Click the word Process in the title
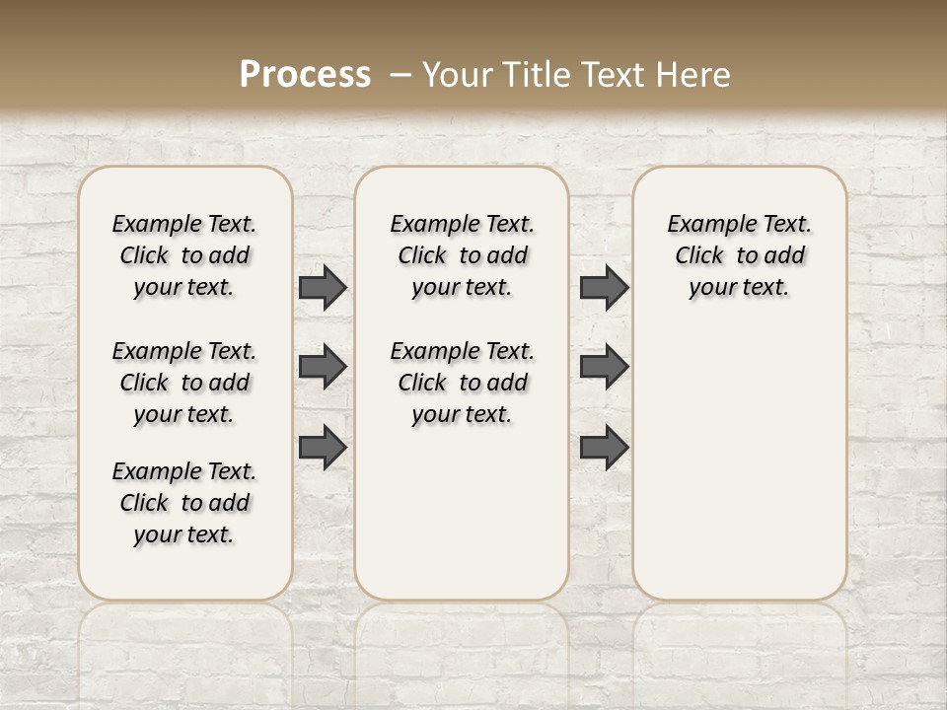click(305, 74)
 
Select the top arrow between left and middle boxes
click(323, 287)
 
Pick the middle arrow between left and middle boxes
click(323, 367)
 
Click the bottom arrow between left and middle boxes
click(323, 448)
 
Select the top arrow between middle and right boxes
click(604, 287)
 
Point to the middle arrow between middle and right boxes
click(604, 367)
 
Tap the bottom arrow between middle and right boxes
click(604, 448)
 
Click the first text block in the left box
click(184, 255)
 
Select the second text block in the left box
click(184, 383)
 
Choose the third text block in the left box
click(184, 503)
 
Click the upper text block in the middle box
click(462, 255)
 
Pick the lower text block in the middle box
click(462, 383)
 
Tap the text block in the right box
click(739, 255)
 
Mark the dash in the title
click(400, 74)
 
